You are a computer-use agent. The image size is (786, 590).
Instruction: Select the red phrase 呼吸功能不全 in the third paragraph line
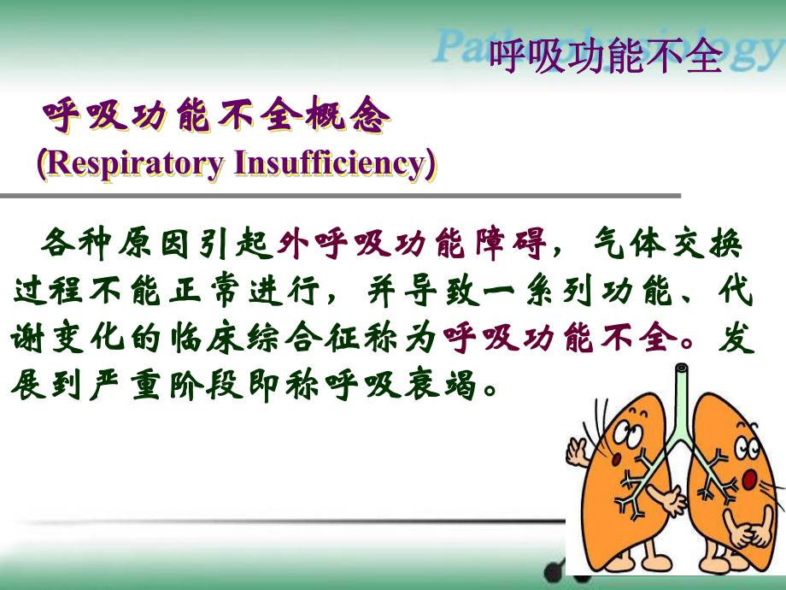(556, 339)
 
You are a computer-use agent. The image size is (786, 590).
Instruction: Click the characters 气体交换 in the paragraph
(666, 245)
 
